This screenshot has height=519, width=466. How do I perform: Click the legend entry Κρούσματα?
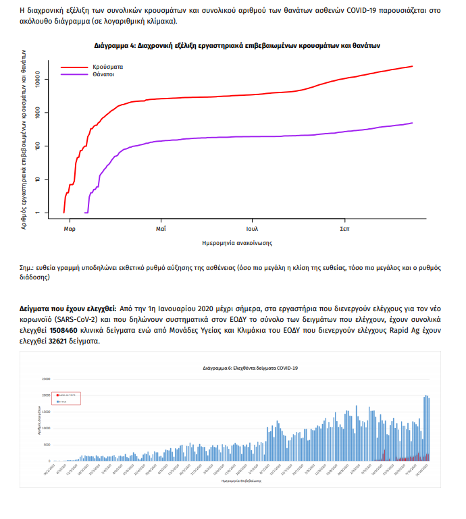[x=108, y=67]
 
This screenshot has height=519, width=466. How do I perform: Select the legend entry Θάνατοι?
[x=104, y=74]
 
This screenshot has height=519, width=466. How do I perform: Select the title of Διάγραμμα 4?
[x=237, y=46]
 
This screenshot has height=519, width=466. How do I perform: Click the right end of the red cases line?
[x=411, y=66]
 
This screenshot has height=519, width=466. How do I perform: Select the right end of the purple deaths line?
[x=411, y=123]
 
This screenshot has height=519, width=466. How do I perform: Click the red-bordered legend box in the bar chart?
[x=67, y=398]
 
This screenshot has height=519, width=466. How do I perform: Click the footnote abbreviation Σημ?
[x=28, y=268]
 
